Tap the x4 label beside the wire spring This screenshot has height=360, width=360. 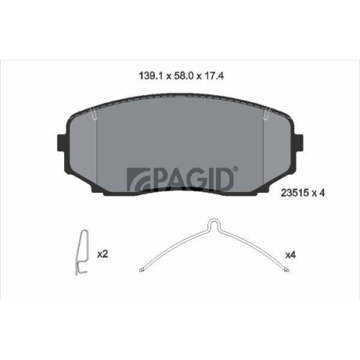[x=290, y=253]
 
